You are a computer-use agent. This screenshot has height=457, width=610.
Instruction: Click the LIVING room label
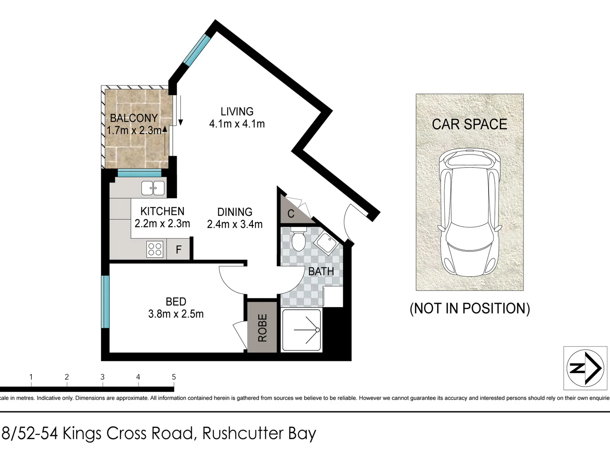point(237,111)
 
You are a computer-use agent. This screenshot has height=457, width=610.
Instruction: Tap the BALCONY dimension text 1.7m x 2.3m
point(134,130)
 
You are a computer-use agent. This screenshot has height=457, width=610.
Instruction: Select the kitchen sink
point(153,188)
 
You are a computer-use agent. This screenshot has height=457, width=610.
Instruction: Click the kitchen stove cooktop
point(155,249)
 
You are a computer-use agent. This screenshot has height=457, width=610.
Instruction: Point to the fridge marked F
point(178,250)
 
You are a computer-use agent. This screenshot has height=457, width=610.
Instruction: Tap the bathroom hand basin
point(325,243)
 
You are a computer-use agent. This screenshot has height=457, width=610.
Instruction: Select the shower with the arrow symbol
point(301,330)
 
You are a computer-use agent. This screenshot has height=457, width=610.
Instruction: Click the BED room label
point(176,302)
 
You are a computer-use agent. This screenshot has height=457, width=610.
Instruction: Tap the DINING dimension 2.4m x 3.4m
point(235,224)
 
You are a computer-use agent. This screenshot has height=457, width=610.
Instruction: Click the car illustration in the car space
point(470,212)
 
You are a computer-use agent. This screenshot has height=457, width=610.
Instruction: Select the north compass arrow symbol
point(585,368)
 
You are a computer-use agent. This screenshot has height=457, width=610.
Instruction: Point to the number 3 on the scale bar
point(103,377)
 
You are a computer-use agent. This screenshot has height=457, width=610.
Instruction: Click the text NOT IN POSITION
point(470,308)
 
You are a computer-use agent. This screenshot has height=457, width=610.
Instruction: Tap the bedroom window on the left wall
point(105,302)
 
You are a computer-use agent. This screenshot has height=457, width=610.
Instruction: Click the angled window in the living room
point(197,50)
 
